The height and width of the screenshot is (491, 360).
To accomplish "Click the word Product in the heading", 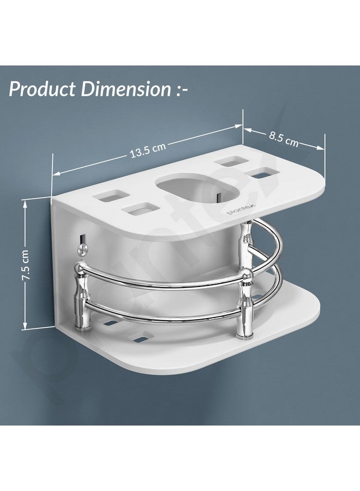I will tap(43, 89).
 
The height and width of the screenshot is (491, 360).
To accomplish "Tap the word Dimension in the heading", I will tap(126, 89).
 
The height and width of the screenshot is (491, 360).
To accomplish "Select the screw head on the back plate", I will tap(81, 248).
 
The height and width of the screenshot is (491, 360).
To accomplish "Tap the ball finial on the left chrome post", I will tap(81, 267).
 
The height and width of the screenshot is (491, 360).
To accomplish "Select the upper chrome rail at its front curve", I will tap(164, 285).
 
